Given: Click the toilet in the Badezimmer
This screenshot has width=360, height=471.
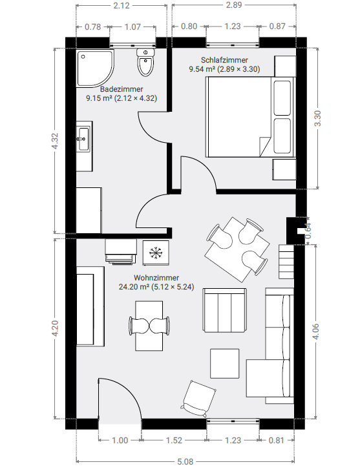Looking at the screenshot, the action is click(145, 62).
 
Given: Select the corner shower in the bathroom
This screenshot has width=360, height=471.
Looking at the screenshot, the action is click(95, 68).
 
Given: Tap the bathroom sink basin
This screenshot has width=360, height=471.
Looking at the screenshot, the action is click(83, 139).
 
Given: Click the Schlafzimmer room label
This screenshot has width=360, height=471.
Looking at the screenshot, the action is click(224, 65).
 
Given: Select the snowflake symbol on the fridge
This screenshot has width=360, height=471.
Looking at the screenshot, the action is click(156, 253).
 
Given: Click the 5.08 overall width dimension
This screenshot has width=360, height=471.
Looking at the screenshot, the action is click(185, 461).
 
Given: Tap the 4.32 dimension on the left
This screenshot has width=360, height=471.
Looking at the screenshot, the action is click(55, 141).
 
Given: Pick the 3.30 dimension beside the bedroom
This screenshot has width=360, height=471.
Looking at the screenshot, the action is click(317, 118).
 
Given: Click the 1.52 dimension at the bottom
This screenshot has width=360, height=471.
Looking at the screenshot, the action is click(174, 441).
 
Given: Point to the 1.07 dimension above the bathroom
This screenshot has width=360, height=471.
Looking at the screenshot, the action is click(132, 27).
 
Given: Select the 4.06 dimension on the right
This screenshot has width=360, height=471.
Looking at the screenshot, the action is click(315, 331).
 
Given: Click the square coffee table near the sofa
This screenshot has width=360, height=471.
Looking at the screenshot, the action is click(225, 364).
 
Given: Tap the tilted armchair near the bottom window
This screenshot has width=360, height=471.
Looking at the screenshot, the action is click(198, 399).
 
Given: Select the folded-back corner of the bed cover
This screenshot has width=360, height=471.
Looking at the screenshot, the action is click(265, 146).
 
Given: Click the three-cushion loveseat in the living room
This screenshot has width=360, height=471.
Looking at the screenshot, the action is click(225, 310).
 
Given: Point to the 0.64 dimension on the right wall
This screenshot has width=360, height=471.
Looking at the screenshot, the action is click(308, 231).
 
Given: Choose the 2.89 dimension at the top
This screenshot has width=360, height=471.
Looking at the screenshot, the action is click(234, 5).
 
